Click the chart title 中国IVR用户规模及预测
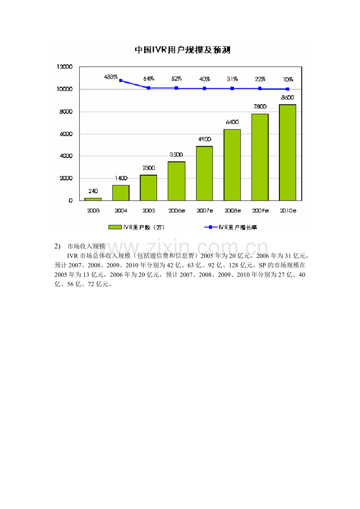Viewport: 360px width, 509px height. click(182, 50)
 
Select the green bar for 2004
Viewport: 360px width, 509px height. click(121, 193)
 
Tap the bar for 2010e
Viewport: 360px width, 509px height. click(288, 152)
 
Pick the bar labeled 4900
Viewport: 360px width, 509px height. click(204, 173)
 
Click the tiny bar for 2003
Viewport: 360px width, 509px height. click(93, 199)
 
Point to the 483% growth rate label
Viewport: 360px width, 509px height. click(111, 77)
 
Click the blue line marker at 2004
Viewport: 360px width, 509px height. click(121, 81)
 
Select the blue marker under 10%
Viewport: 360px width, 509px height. click(288, 89)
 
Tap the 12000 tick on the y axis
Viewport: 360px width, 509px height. click(65, 67)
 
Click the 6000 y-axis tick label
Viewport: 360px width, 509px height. click(65, 134)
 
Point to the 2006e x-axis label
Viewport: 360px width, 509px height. click(176, 211)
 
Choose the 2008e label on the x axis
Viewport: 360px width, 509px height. click(232, 211)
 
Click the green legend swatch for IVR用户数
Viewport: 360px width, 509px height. click(115, 227)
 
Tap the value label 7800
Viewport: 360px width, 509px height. click(260, 107)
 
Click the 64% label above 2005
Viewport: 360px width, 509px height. click(148, 79)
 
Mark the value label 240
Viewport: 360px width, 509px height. click(93, 191)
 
